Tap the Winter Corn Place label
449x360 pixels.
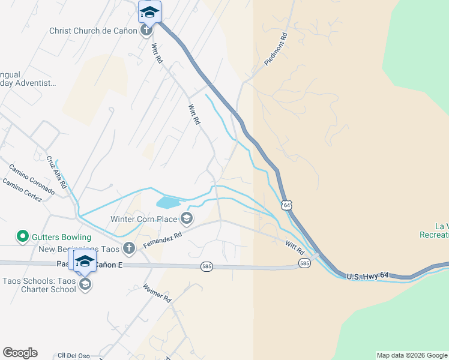click(x=143, y=218)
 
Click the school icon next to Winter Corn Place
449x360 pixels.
click(x=187, y=218)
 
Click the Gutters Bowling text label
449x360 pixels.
click(x=62, y=237)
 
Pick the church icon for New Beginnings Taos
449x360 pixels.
click(x=128, y=248)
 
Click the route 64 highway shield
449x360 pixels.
click(x=288, y=205)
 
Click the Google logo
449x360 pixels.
click(x=20, y=353)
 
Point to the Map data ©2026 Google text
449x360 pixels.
click(x=412, y=355)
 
